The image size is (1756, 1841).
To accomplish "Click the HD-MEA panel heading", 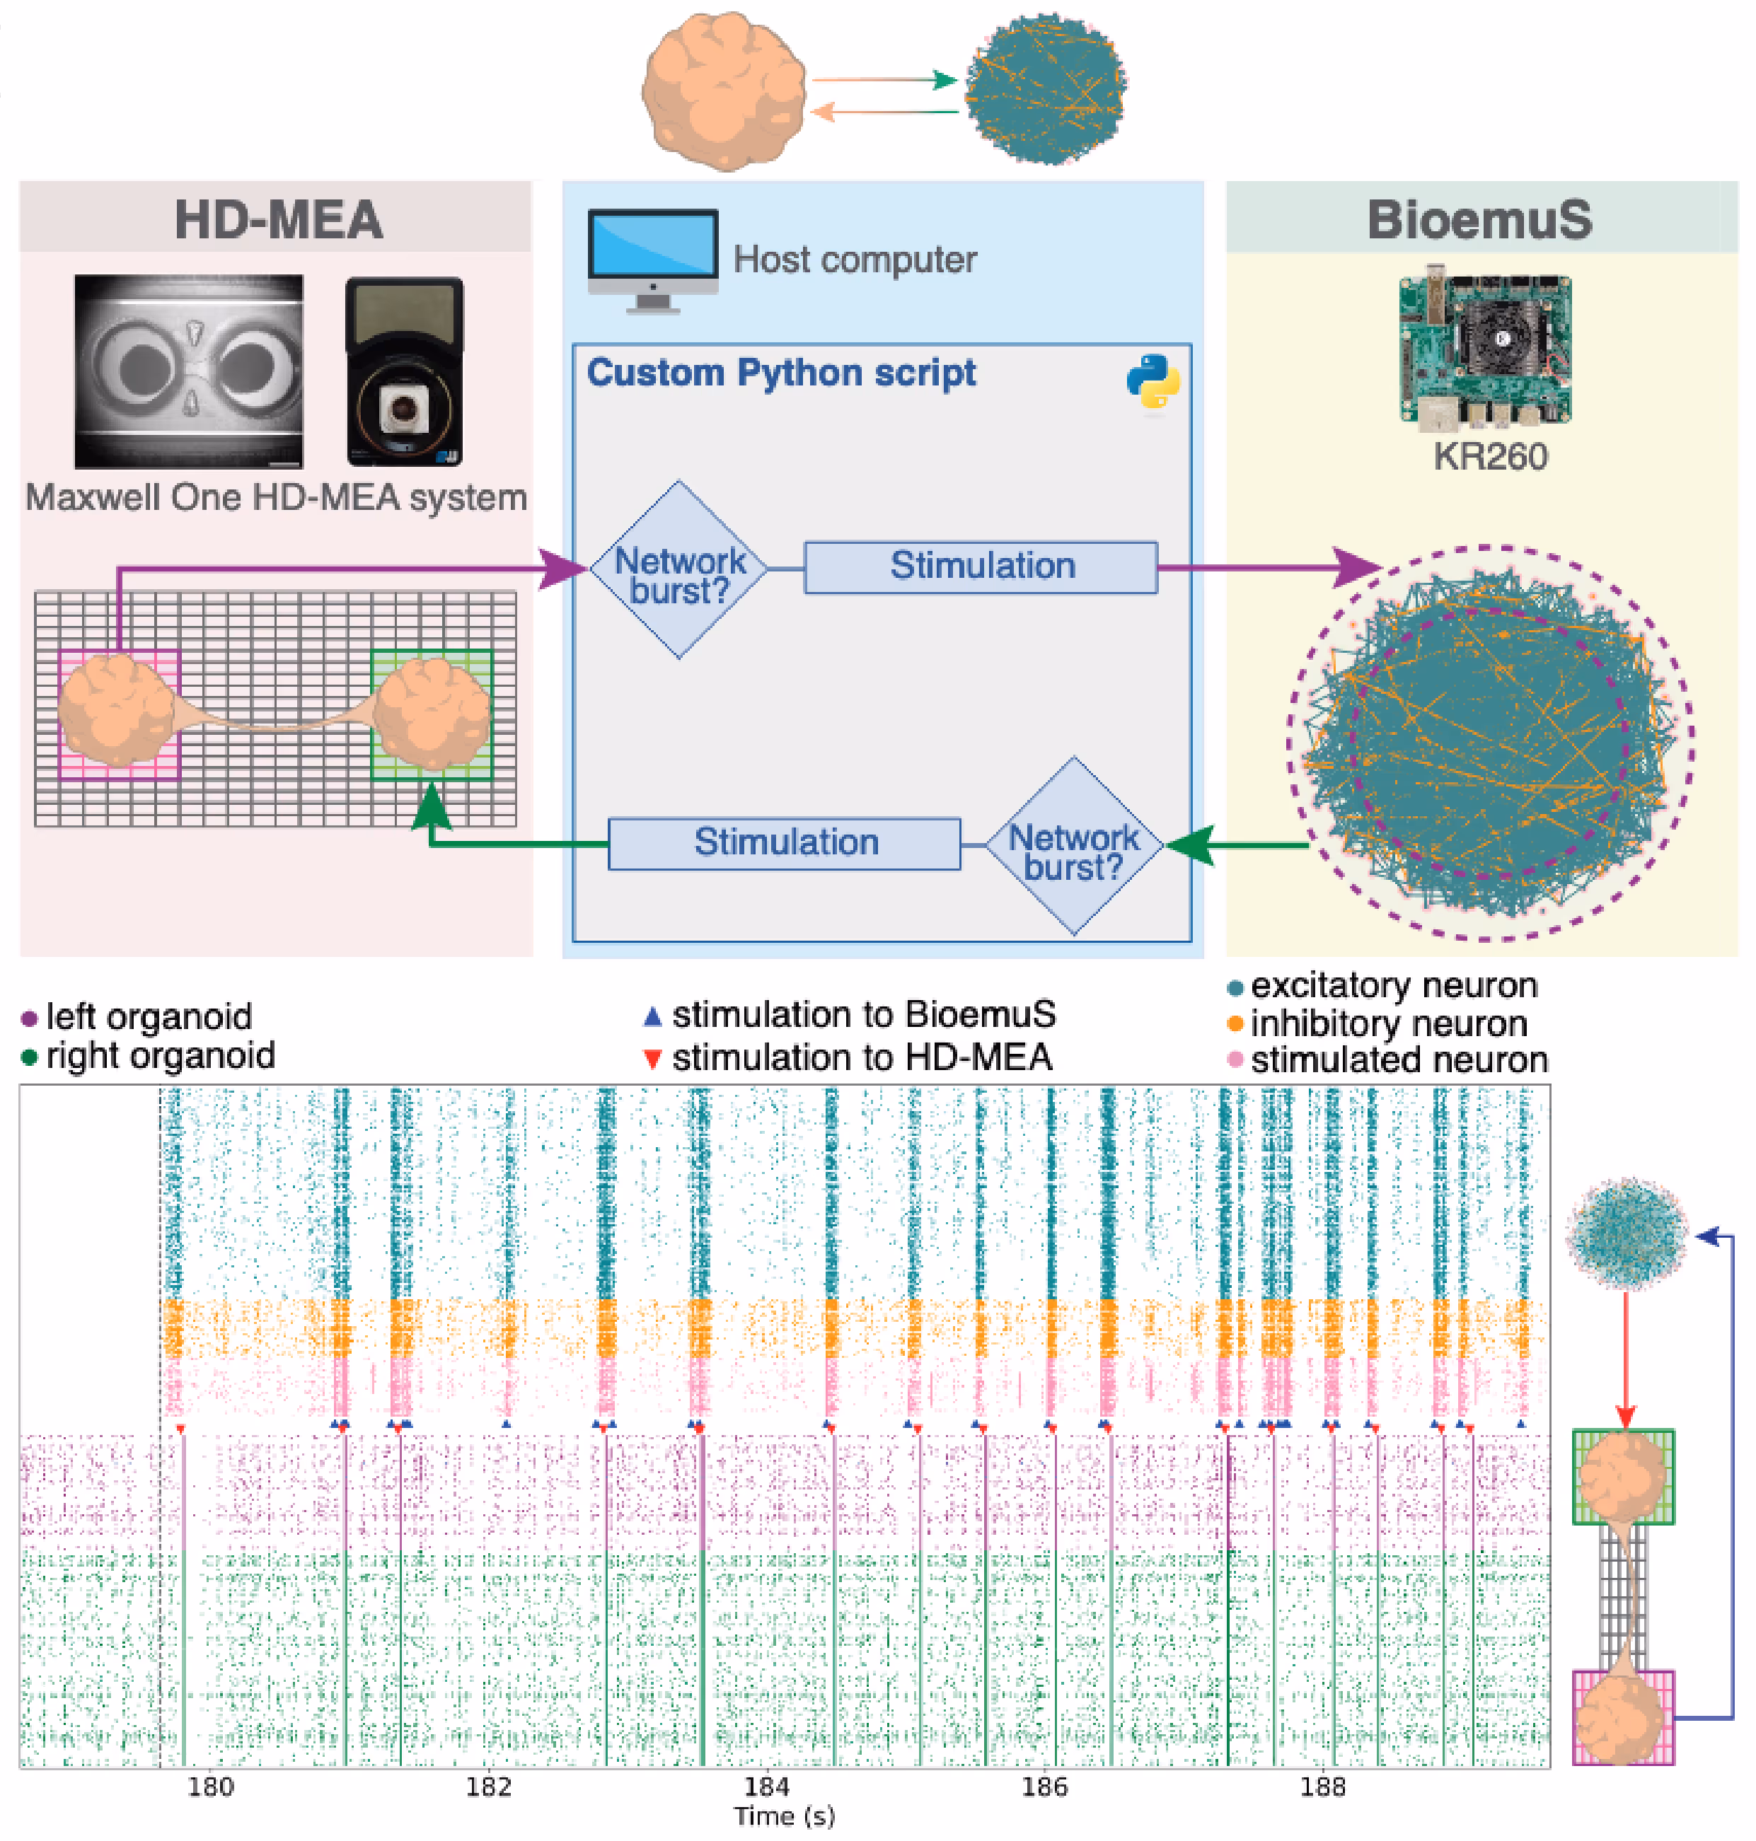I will (x=278, y=220).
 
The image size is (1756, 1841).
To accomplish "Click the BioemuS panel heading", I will (x=1479, y=220).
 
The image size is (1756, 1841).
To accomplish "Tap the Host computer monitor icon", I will (x=652, y=260).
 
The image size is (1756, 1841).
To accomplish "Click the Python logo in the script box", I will (x=1153, y=381).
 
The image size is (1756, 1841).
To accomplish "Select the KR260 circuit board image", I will (x=1484, y=349).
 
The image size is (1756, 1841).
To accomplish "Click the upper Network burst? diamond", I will (x=678, y=570).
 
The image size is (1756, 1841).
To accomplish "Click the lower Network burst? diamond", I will (x=1074, y=846).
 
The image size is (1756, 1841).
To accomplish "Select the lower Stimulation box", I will (x=785, y=843).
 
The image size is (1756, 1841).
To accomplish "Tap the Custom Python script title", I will (x=780, y=373).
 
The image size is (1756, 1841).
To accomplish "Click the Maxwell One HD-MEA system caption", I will (x=276, y=497).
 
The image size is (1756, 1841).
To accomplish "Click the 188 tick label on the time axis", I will (x=1322, y=1786).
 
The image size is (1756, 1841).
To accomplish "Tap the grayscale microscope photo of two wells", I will (x=188, y=371).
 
